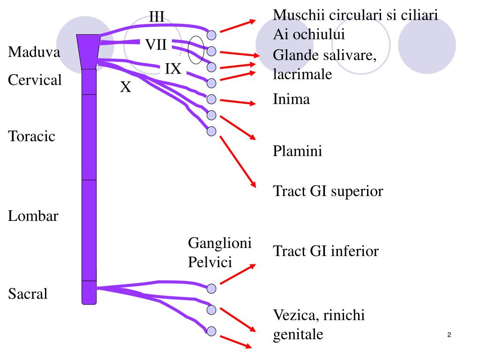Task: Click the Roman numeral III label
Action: point(157,17)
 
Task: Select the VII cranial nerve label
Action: point(156,45)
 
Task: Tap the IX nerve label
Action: point(173,69)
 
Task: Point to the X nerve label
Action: point(125,87)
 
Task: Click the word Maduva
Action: point(34,52)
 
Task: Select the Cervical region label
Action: point(35,80)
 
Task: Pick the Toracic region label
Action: point(31,136)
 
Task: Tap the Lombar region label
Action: point(33,217)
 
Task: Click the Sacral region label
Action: point(28,294)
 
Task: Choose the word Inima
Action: point(291,99)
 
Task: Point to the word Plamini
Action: point(297,151)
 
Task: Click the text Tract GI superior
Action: point(328,191)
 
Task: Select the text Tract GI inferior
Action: point(325,251)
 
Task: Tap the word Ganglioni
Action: point(220,243)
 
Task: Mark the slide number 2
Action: point(449,335)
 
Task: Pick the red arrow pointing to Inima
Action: point(237,102)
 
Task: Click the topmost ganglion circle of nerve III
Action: point(212,35)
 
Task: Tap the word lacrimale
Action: point(302,74)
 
